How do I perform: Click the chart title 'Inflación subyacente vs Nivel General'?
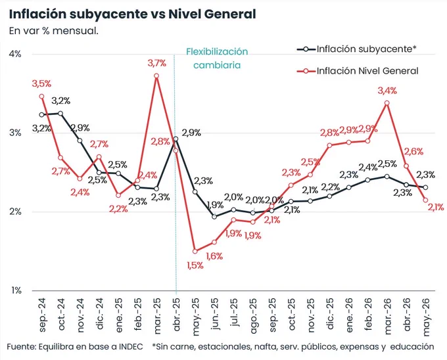(132, 14)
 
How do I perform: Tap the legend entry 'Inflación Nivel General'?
(358, 71)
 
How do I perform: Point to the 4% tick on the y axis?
(15, 54)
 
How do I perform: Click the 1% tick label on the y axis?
(16, 290)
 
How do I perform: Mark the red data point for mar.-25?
(156, 76)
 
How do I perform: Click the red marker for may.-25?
(195, 251)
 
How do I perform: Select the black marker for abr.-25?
(176, 139)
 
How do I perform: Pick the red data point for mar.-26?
(387, 103)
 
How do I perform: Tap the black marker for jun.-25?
(214, 217)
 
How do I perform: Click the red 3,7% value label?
(157, 63)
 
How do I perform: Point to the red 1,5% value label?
(195, 265)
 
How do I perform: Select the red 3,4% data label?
(387, 91)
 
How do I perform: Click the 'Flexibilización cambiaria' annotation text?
(217, 58)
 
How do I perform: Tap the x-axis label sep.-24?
(42, 315)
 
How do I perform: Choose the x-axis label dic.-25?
(330, 313)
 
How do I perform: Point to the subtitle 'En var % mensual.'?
(54, 31)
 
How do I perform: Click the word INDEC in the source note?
(131, 347)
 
